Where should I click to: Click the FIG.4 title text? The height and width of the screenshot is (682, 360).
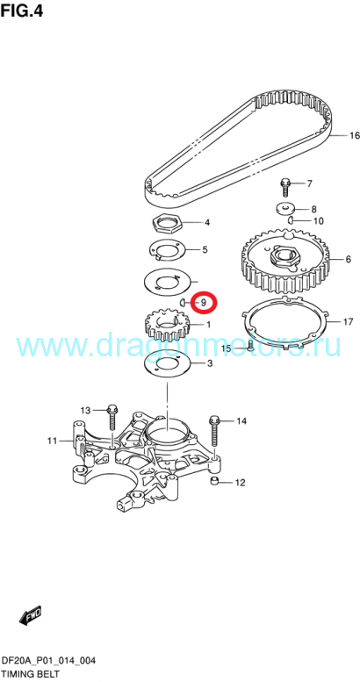pyautogui.click(x=22, y=10)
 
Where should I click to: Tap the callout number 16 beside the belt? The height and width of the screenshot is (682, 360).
pyautogui.click(x=355, y=136)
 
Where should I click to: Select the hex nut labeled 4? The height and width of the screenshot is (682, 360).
pyautogui.click(x=168, y=224)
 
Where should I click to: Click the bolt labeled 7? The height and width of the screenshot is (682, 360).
pyautogui.click(x=285, y=186)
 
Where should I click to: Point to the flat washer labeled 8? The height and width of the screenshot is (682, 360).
pyautogui.click(x=286, y=208)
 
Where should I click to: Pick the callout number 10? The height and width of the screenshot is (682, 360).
pyautogui.click(x=318, y=221)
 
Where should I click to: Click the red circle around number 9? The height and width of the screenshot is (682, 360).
pyautogui.click(x=204, y=302)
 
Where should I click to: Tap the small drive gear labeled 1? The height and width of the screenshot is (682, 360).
pyautogui.click(x=168, y=325)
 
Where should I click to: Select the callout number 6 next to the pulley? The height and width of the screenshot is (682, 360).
pyautogui.click(x=349, y=260)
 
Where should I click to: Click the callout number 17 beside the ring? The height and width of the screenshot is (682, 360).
pyautogui.click(x=348, y=322)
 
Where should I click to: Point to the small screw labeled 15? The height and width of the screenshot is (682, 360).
pyautogui.click(x=250, y=346)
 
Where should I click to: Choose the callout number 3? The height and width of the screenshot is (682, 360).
pyautogui.click(x=210, y=363)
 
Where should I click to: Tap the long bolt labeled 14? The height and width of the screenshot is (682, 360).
pyautogui.click(x=213, y=432)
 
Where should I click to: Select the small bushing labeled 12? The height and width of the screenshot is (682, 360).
pyautogui.click(x=213, y=480)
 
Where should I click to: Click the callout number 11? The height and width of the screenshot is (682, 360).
pyautogui.click(x=52, y=441)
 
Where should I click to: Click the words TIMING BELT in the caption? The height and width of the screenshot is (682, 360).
pyautogui.click(x=30, y=675)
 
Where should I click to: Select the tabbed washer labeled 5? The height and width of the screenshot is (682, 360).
pyautogui.click(x=168, y=249)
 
